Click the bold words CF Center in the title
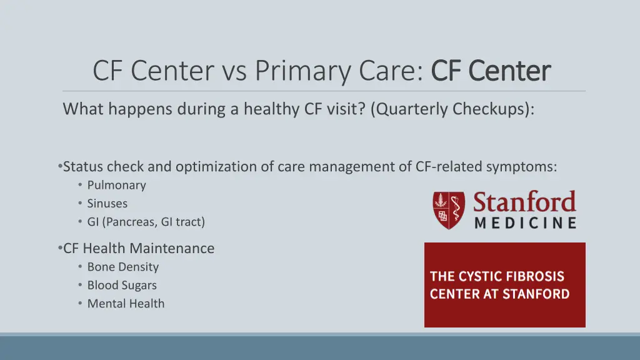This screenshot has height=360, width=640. click(x=491, y=71)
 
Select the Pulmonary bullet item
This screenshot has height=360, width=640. click(x=116, y=185)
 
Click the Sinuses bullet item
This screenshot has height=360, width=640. click(x=107, y=203)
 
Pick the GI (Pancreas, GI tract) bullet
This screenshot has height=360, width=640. click(x=146, y=221)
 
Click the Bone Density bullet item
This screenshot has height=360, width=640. click(x=122, y=267)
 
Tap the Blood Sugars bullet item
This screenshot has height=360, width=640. click(x=122, y=285)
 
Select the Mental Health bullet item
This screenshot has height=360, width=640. click(x=126, y=303)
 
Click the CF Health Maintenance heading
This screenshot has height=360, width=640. click(x=139, y=248)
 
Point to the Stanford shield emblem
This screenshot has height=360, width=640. click(x=447, y=209)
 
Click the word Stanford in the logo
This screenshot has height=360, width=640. click(x=524, y=202)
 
